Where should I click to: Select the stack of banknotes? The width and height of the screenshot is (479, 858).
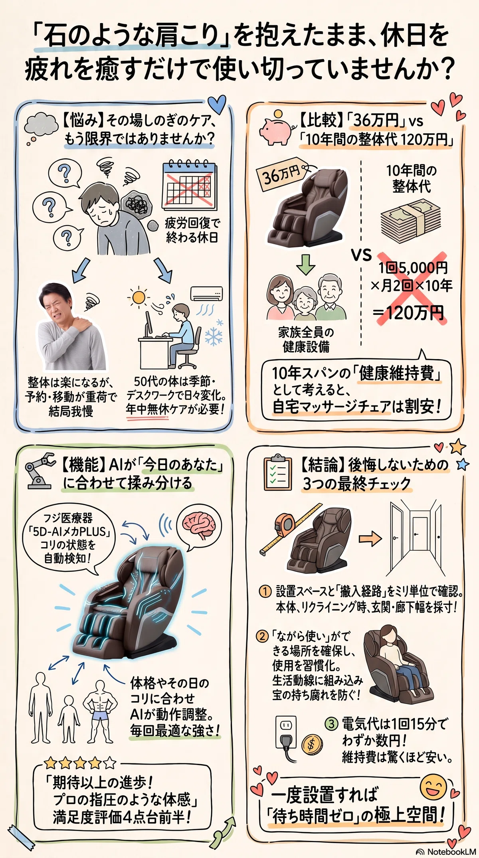[410, 219]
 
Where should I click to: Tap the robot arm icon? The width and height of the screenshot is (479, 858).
[40, 471]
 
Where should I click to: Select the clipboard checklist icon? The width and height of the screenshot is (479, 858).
[278, 472]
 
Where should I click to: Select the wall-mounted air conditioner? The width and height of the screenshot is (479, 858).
[206, 295]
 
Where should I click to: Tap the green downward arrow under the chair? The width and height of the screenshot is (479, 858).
[306, 264]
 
